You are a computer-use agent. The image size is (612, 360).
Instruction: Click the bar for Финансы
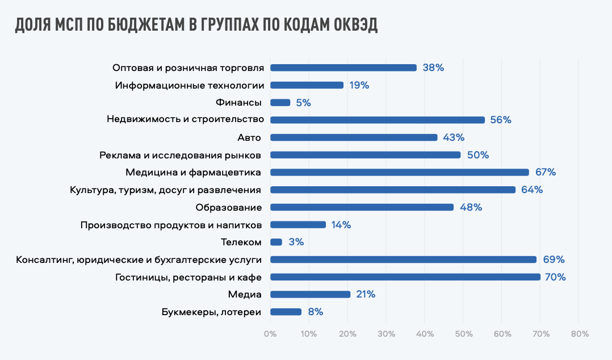click(280, 103)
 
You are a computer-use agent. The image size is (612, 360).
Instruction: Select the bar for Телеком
click(276, 242)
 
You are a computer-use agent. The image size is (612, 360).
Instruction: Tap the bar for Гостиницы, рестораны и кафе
click(405, 277)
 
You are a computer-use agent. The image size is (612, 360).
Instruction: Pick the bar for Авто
click(354, 137)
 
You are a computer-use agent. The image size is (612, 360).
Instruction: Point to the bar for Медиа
click(311, 294)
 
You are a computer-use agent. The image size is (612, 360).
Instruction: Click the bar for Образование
click(362, 207)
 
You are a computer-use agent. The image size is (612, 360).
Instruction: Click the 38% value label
click(433, 68)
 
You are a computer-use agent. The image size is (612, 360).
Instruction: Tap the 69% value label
click(554, 259)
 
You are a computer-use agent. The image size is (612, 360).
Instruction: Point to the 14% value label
click(342, 225)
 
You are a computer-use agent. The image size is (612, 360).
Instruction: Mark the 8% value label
click(315, 312)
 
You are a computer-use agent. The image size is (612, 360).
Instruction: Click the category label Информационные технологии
click(190, 85)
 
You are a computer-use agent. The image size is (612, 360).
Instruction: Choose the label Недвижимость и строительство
click(186, 120)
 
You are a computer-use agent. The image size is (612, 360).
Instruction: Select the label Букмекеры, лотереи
click(211, 312)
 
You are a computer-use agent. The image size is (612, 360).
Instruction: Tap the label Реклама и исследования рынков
click(180, 155)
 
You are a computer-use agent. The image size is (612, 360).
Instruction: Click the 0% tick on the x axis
click(270, 334)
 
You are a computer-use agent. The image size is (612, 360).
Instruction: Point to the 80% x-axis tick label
click(579, 334)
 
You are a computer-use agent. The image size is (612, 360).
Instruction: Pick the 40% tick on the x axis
click(425, 334)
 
